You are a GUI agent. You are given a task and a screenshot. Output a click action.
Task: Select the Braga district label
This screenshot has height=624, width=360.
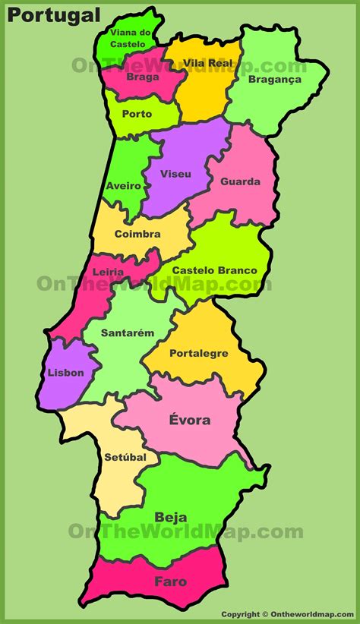click(143, 77)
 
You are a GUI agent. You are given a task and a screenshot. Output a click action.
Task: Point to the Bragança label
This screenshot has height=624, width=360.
click(274, 79)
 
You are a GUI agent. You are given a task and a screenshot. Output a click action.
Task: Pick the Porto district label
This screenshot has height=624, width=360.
click(137, 114)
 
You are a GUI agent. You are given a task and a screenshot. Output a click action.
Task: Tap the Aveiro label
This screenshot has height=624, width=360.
click(123, 186)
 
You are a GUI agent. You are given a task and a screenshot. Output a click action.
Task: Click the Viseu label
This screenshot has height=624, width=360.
click(175, 174)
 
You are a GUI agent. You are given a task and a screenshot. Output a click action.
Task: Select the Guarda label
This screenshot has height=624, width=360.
click(240, 181)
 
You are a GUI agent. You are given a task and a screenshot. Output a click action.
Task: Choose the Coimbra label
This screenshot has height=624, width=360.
click(137, 234)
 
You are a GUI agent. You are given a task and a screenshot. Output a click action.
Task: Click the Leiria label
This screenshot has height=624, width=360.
click(109, 271)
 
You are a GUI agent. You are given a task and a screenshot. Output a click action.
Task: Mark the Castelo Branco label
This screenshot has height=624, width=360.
click(215, 270)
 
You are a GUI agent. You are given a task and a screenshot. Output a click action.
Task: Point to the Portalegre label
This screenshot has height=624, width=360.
click(199, 353)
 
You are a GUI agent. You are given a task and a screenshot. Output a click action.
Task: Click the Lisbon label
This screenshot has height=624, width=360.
click(65, 373)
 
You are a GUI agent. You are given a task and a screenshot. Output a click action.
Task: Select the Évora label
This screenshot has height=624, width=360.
click(191, 420)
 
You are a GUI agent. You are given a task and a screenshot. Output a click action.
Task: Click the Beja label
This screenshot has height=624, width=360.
click(171, 518)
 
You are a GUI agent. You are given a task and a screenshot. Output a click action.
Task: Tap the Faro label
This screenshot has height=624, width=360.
click(170, 581)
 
